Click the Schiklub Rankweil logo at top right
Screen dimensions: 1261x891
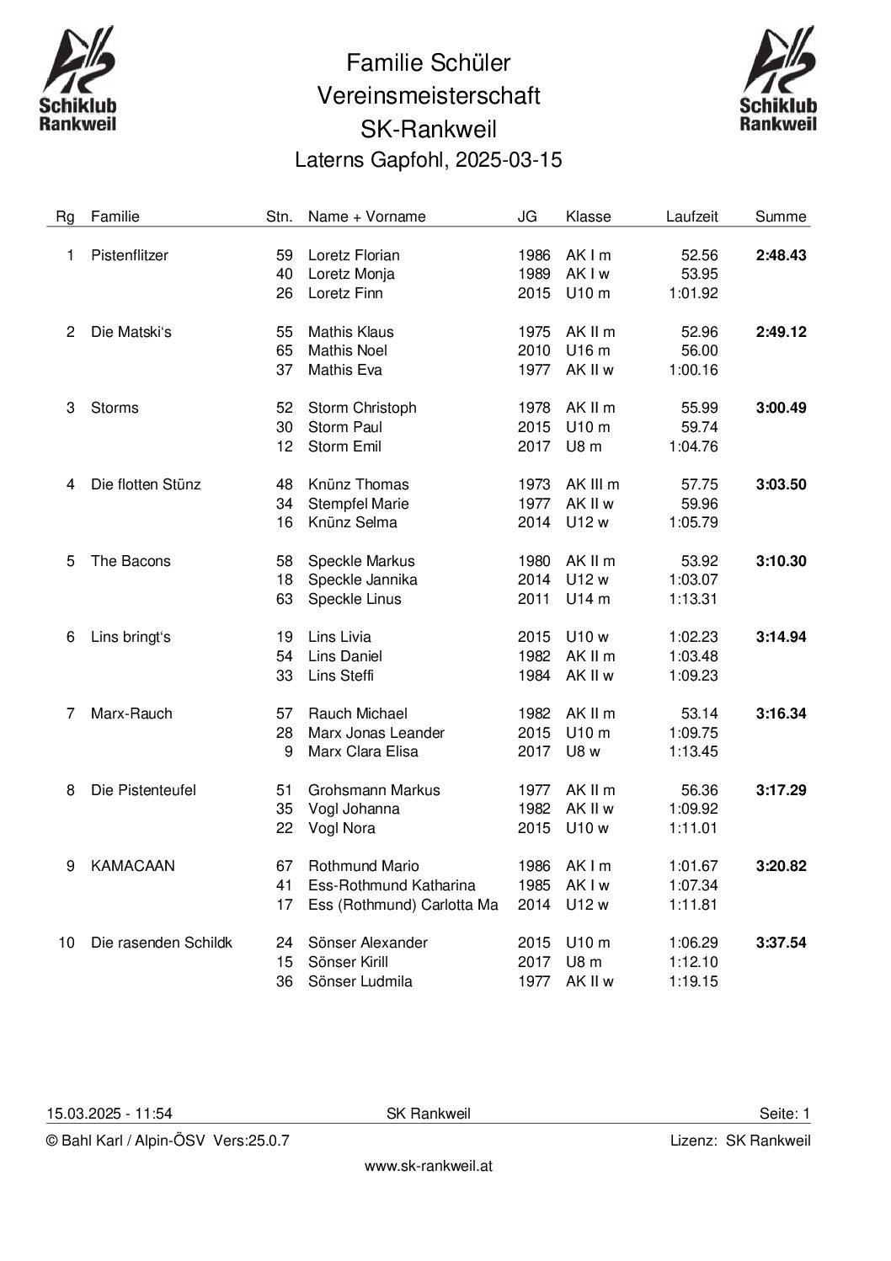[778, 79]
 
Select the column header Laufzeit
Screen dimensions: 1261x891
[691, 216]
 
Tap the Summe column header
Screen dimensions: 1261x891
[781, 216]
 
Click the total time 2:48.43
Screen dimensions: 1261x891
[781, 255]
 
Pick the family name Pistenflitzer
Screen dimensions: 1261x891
[130, 255]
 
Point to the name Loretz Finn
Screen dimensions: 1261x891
[345, 293]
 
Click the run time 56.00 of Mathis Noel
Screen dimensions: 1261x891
[699, 350]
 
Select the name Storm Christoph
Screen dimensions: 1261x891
[362, 408]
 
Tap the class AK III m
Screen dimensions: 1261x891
[592, 484]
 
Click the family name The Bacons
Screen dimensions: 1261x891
[131, 561]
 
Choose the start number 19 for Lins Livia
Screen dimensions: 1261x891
[285, 637]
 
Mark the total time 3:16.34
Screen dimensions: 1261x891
[781, 713]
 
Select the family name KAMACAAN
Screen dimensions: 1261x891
[133, 866]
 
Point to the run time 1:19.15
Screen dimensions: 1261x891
[693, 981]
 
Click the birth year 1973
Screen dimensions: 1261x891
[533, 484]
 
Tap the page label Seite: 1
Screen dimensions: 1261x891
[784, 1114]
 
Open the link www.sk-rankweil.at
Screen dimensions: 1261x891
[428, 1167]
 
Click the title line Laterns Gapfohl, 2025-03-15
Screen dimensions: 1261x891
[428, 160]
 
